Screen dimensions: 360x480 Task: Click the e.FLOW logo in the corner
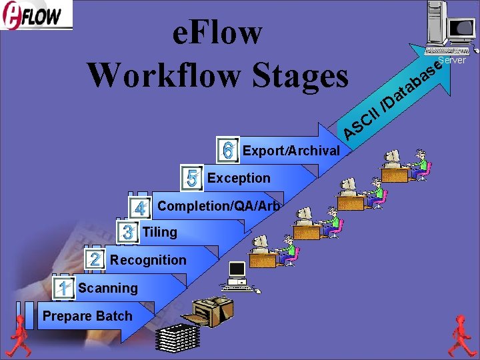pos(37,16)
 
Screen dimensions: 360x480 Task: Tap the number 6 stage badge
pos(228,150)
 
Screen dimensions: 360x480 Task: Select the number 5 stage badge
pos(192,178)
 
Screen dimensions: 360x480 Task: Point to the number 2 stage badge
pos(95,260)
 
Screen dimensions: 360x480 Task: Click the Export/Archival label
pos(291,151)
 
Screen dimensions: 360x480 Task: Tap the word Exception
pos(239,178)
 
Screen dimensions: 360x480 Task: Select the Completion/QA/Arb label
pos(219,206)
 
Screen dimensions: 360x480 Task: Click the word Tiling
pos(160,232)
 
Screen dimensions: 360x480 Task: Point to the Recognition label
pos(149,260)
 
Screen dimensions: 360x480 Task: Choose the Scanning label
pos(108,288)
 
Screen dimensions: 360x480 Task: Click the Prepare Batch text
pos(87,316)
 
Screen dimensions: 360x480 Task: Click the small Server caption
pos(451,60)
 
